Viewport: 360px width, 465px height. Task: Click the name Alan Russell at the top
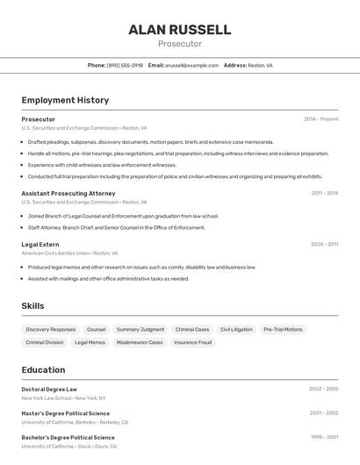tap(180, 30)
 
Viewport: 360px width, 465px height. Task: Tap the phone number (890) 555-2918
tap(125, 65)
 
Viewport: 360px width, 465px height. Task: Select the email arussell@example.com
tap(191, 65)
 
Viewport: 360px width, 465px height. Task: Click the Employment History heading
tap(65, 100)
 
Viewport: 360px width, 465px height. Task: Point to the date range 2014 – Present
tap(320, 119)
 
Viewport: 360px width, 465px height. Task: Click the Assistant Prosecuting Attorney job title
tap(68, 193)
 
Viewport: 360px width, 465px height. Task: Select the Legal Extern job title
tap(40, 244)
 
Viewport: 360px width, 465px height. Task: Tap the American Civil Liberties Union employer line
tap(68, 253)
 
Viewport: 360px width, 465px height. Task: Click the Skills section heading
tap(32, 305)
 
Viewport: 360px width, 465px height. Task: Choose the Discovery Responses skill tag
tap(51, 330)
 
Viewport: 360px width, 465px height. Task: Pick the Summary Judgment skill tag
tap(140, 330)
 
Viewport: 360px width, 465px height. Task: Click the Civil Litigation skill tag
tap(236, 330)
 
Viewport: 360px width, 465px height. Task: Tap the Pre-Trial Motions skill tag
tap(283, 330)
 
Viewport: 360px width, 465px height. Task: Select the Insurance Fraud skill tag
tap(192, 343)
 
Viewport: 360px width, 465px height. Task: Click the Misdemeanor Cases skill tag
tap(140, 343)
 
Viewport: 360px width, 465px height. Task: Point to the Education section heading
tap(43, 369)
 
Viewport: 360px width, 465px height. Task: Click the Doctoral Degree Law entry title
tap(49, 389)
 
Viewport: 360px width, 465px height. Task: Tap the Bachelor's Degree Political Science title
tap(68, 437)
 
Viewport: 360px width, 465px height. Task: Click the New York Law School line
tap(63, 397)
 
